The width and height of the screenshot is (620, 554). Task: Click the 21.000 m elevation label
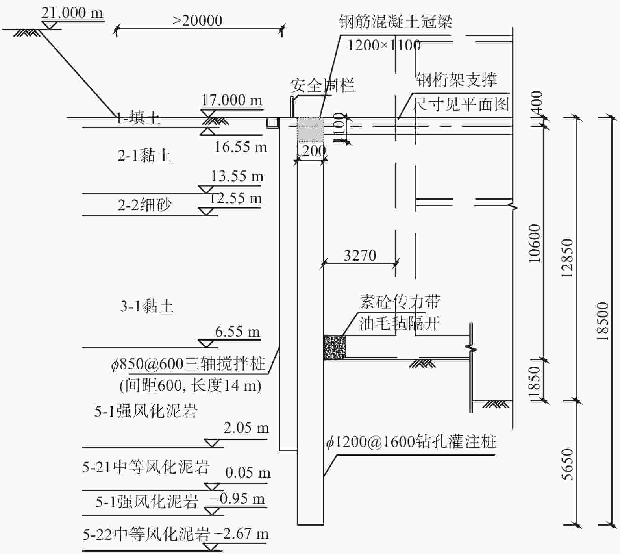(x=72, y=13)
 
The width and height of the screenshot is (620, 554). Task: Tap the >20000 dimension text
(x=198, y=20)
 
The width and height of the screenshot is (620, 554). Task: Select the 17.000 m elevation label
(x=232, y=100)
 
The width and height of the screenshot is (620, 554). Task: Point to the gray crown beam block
(x=310, y=130)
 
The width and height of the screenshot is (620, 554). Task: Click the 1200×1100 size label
(x=383, y=45)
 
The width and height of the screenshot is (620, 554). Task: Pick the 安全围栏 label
(x=322, y=85)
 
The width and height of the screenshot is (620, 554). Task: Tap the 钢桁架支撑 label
(x=457, y=80)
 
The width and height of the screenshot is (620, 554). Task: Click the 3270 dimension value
(x=360, y=256)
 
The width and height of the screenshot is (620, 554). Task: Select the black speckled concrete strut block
(x=335, y=347)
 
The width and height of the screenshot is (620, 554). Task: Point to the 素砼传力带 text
(x=400, y=302)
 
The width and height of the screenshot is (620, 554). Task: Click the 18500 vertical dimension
(x=602, y=321)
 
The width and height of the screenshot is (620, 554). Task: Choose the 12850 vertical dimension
(x=567, y=258)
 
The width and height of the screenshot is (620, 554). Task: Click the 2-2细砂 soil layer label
(x=144, y=205)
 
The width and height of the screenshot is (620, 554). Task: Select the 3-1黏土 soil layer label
(x=147, y=306)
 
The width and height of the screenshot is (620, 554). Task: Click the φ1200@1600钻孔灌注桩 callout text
(x=411, y=442)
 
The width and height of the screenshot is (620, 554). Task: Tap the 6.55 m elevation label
(x=237, y=332)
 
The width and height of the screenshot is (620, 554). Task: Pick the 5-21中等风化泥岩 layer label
(x=146, y=467)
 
